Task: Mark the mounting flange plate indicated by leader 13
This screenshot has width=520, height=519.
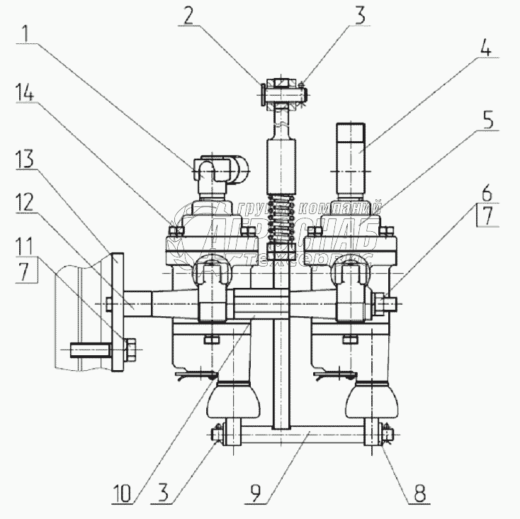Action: click(117, 312)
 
